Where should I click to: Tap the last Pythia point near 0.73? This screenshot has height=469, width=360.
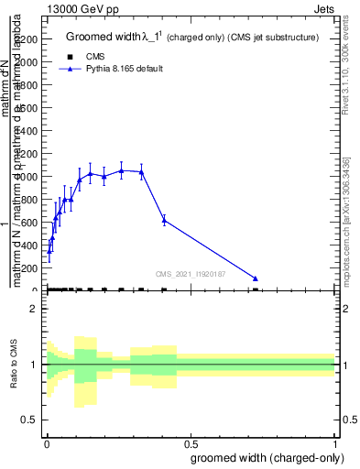point(256,278)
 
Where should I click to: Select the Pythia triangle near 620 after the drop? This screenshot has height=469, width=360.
point(164,220)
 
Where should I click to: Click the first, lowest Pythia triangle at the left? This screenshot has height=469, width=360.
point(49,250)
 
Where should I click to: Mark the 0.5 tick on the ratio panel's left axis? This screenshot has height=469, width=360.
point(29,420)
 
